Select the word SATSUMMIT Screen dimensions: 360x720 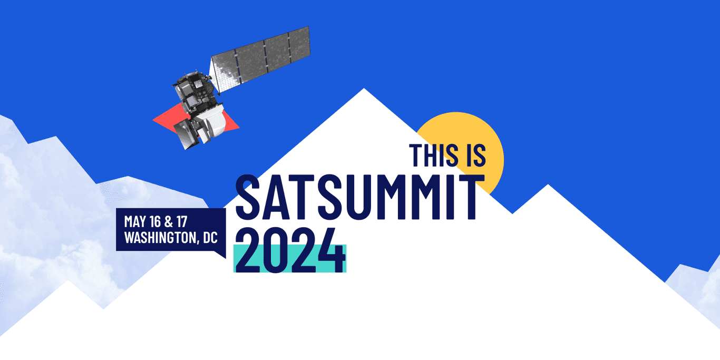359,196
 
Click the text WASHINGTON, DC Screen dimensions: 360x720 171,237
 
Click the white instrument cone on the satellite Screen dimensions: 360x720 216,124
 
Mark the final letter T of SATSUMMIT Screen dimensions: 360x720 471,196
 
